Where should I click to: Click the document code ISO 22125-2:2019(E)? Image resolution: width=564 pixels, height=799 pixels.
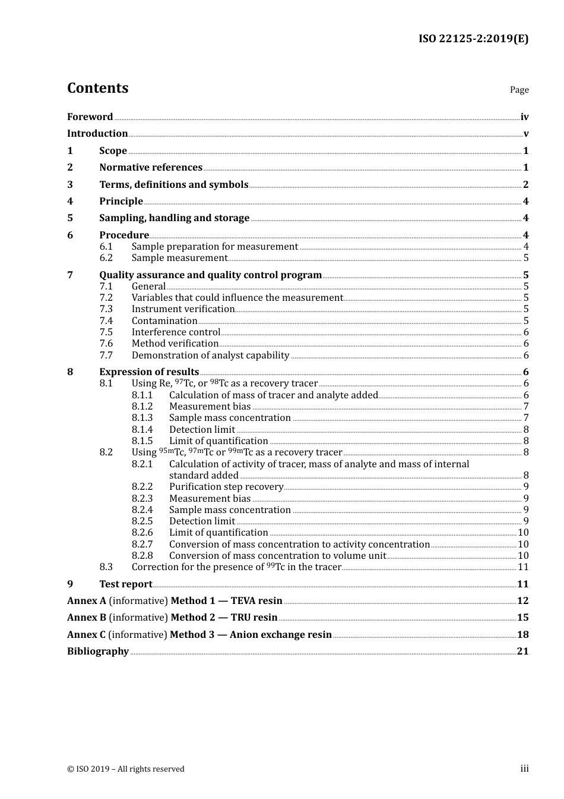point(473,39)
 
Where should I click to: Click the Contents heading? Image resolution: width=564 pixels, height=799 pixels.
point(97,88)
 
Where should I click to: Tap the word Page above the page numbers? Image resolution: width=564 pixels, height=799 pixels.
point(519,90)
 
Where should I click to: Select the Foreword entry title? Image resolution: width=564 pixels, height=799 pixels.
point(90,117)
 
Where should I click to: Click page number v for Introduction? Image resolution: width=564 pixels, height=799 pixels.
point(525,134)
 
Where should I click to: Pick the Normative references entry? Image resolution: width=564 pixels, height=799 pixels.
point(151,168)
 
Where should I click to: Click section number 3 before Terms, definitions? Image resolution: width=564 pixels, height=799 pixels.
point(70,185)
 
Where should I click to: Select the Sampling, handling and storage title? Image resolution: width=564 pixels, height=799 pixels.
point(174,218)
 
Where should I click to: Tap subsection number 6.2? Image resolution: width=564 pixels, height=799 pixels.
point(106,258)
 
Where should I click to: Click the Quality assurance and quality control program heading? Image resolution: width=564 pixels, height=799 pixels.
point(210,275)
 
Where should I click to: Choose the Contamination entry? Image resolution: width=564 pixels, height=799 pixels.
point(164,321)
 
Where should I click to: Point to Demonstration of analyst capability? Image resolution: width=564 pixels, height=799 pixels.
point(210,356)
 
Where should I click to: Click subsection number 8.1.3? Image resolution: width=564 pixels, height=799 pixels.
point(142,418)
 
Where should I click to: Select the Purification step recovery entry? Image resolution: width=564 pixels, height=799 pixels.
point(226,487)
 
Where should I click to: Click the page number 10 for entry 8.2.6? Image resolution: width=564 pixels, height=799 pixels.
point(523,533)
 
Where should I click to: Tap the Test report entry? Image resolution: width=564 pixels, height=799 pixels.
point(125,584)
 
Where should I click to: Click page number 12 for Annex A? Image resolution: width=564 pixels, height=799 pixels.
point(522,601)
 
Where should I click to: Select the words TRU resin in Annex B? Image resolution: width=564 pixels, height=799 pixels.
point(254,618)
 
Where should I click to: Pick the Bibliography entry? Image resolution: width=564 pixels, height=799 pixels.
point(98,652)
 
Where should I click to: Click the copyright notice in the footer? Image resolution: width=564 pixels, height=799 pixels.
point(126,769)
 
